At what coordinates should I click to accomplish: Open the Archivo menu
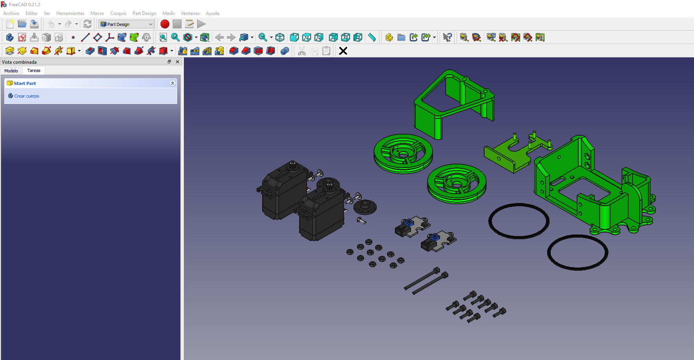pyautogui.click(x=11, y=13)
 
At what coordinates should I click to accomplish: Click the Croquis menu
pyautogui.click(x=118, y=13)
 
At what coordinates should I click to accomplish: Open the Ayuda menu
pyautogui.click(x=212, y=13)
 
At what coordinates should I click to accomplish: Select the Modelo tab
pyautogui.click(x=11, y=71)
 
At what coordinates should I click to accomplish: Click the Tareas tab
pyautogui.click(x=34, y=71)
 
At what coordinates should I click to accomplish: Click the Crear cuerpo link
pyautogui.click(x=27, y=96)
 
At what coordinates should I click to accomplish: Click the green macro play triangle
pyautogui.click(x=202, y=24)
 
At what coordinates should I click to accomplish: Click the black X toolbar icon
pyautogui.click(x=343, y=51)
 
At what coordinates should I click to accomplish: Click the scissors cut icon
pyautogui.click(x=302, y=51)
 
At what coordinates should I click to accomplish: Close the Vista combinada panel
pyautogui.click(x=178, y=62)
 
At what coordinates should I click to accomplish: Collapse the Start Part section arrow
pyautogui.click(x=172, y=83)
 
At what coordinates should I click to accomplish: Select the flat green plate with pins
pyautogui.click(x=508, y=155)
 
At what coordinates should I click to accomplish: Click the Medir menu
pyautogui.click(x=168, y=13)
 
